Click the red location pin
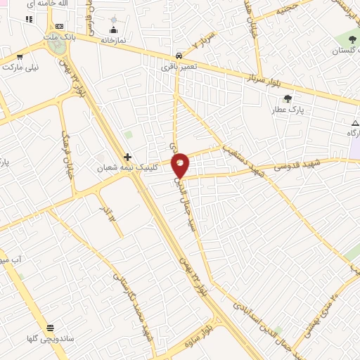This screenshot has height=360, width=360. pyautogui.click(x=181, y=165)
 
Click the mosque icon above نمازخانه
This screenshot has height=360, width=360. pyautogui.click(x=113, y=30)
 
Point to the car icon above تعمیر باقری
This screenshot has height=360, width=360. pyautogui.click(x=180, y=55)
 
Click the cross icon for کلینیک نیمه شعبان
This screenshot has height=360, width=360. pyautogui.click(x=127, y=157)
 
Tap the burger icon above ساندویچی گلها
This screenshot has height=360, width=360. pyautogui.click(x=51, y=328)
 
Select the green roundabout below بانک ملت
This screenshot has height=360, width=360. pyautogui.click(x=58, y=46)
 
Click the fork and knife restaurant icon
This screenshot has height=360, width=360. pyautogui.click(x=29, y=19)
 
